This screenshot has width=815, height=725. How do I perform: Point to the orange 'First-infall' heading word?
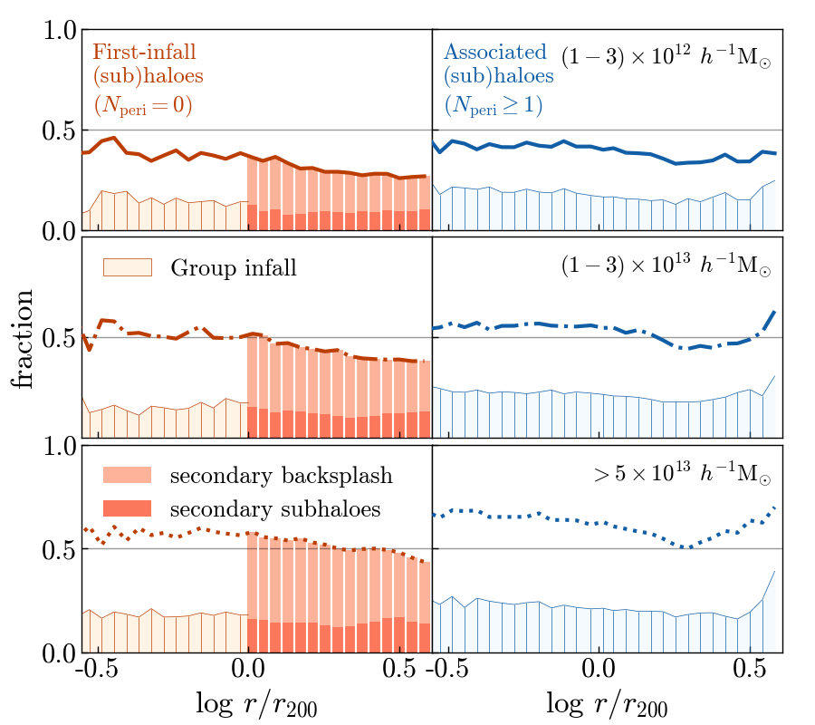(144, 51)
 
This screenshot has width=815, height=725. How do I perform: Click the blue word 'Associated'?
(495, 51)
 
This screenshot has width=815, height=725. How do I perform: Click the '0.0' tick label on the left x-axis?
(248, 672)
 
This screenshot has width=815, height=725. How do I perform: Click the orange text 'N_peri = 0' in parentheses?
(142, 105)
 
